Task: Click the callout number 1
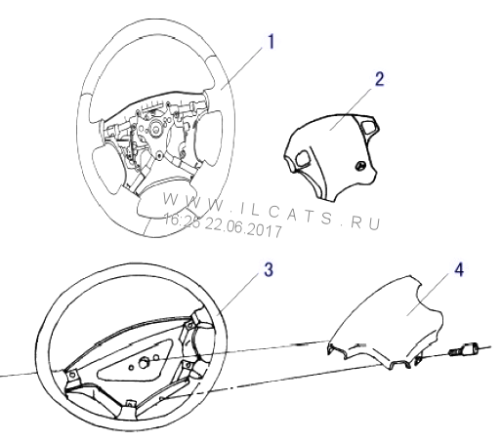click(271, 42)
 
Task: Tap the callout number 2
click(379, 79)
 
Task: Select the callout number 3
click(269, 270)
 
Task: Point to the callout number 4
click(459, 269)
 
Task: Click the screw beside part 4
click(464, 351)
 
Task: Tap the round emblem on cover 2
click(361, 166)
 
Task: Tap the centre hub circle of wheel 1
click(156, 129)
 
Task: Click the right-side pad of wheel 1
click(208, 138)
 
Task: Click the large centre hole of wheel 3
click(143, 363)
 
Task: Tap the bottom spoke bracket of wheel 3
click(130, 409)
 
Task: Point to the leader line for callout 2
click(352, 108)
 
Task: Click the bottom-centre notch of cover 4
click(394, 365)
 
